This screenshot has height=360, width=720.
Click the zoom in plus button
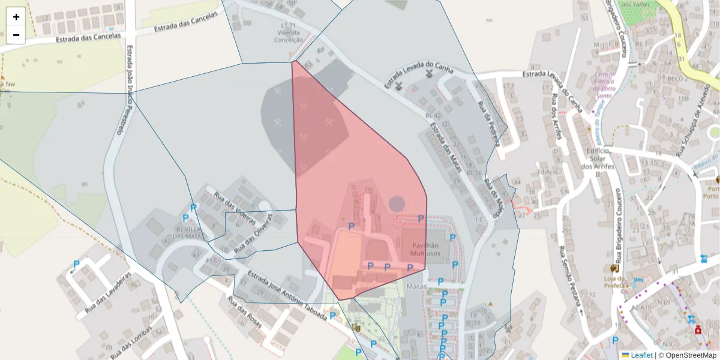tap(16, 17)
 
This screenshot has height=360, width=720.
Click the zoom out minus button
tap(16, 35)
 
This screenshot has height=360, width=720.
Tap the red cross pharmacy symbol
tap(698, 330)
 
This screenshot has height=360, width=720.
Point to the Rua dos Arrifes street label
tap(556, 117)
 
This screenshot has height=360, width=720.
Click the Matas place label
tap(416, 287)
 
